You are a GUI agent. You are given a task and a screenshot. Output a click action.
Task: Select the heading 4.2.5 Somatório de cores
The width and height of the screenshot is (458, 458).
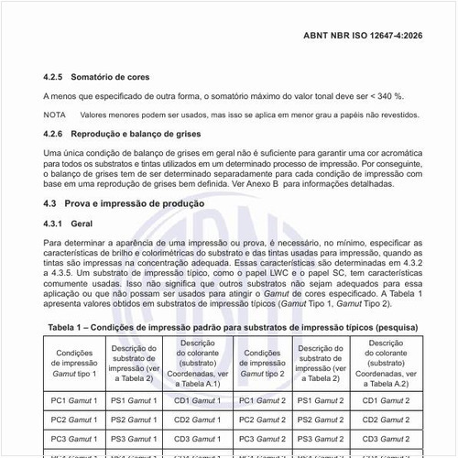(x=96, y=77)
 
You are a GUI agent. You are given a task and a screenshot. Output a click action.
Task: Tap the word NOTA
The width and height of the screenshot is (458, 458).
(x=54, y=114)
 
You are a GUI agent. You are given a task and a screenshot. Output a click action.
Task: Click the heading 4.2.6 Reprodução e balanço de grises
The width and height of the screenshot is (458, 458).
(x=122, y=134)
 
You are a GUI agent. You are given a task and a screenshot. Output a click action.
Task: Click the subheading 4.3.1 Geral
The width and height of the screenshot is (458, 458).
(x=68, y=223)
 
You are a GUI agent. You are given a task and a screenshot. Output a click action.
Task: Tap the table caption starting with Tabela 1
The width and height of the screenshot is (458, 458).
(x=233, y=326)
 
